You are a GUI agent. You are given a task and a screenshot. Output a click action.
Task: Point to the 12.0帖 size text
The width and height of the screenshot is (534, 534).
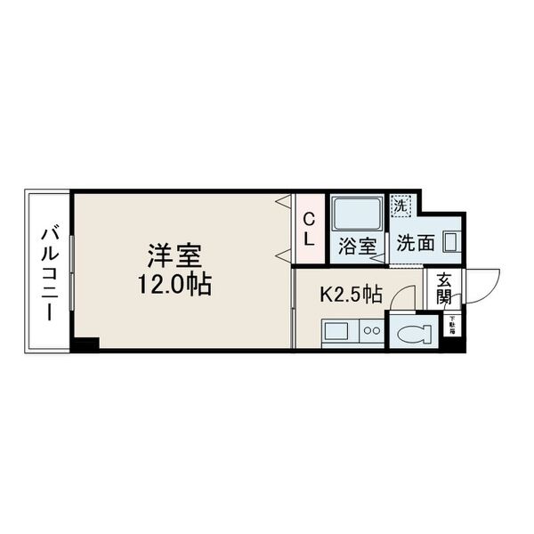174,286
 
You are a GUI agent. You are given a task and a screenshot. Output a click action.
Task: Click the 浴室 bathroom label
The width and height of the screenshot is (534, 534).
356,247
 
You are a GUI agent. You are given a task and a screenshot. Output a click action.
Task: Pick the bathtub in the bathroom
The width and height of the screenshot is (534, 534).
357,214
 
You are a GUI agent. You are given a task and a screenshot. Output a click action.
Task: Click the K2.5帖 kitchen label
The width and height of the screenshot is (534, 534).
351,292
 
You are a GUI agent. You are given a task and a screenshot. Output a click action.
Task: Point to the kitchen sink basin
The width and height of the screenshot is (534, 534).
336,332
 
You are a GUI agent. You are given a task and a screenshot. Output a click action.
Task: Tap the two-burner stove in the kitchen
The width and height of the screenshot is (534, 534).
370,332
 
